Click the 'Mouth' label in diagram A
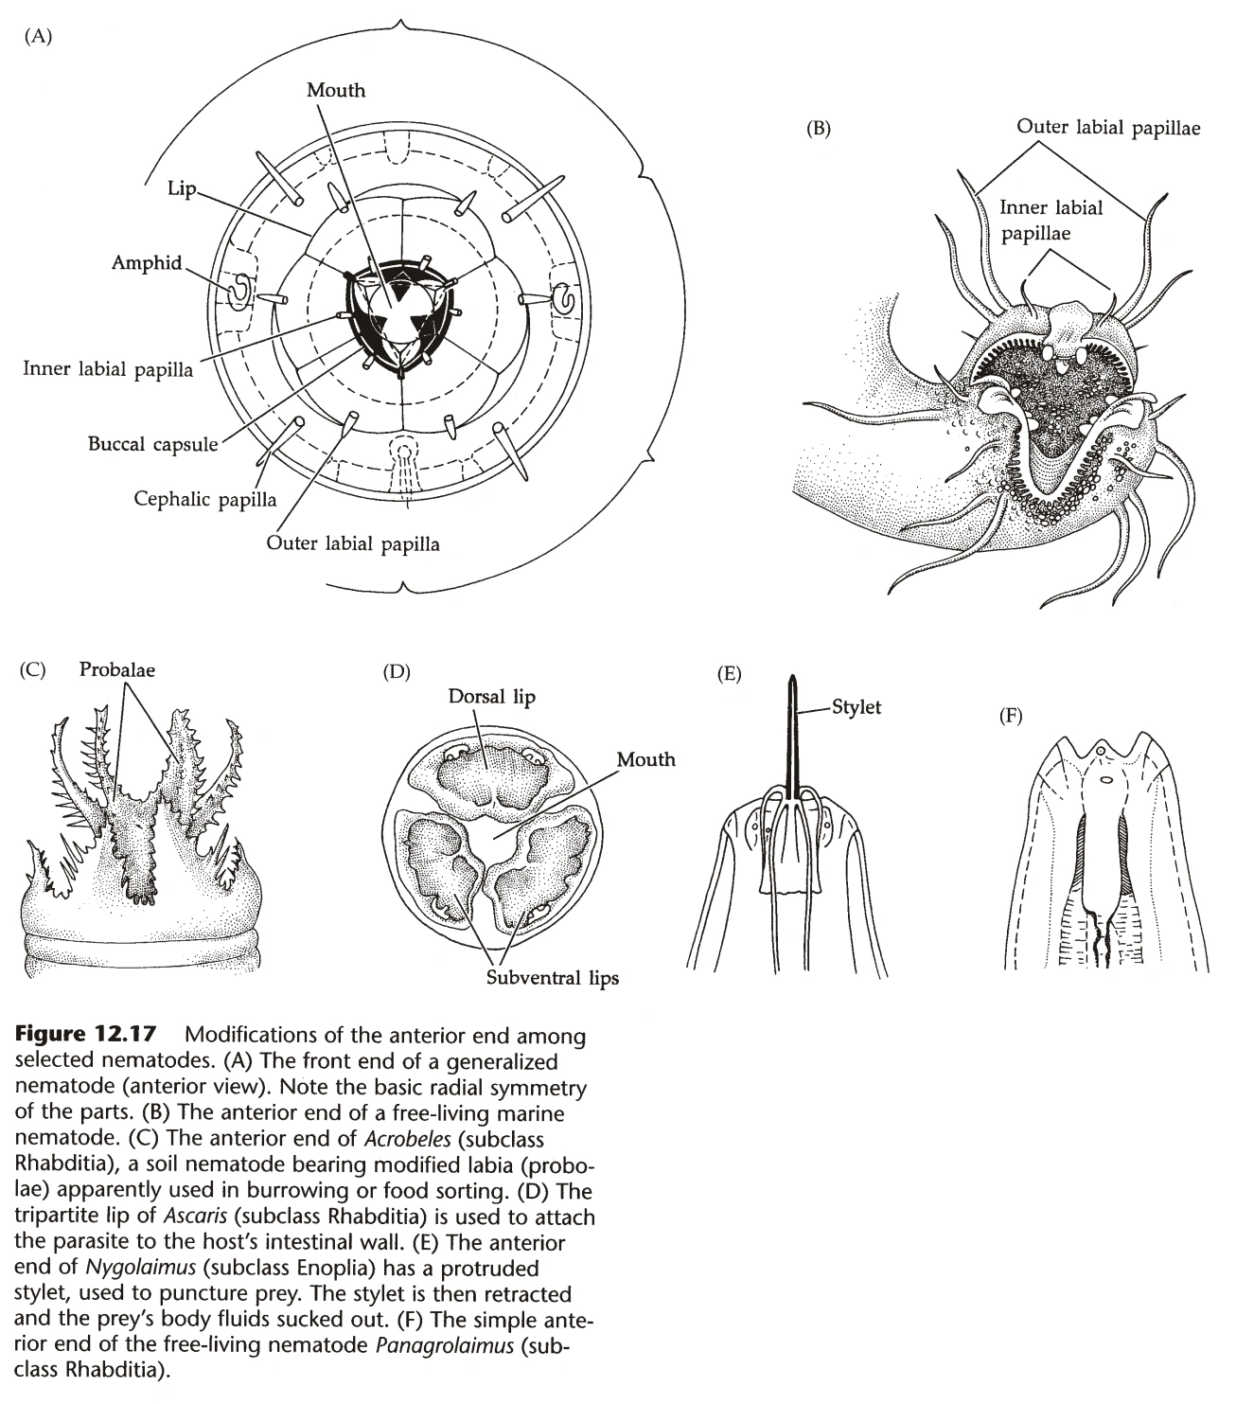(335, 90)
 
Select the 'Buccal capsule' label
(152, 443)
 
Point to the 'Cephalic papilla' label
(204, 498)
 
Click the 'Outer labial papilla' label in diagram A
(352, 543)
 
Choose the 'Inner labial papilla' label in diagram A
(108, 369)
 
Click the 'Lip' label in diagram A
(181, 188)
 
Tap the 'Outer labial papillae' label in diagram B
(1107, 127)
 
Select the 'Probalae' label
(117, 668)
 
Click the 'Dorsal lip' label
(491, 697)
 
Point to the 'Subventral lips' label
(553, 976)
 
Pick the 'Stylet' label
(856, 706)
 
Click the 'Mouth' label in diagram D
(646, 759)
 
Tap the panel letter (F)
(1011, 716)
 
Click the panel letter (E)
(729, 674)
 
